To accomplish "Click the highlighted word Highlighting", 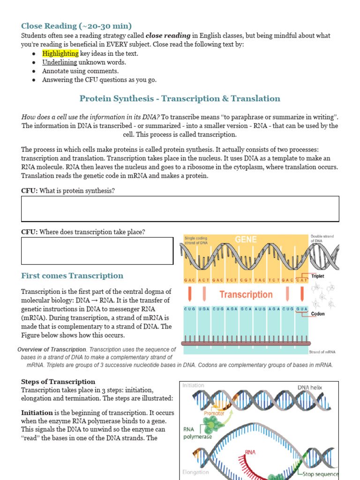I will (60, 53).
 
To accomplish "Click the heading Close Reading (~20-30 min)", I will (76, 26).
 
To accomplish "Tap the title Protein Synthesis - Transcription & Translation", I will (180, 98).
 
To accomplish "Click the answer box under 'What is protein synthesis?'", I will (180, 209).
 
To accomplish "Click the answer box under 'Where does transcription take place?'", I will (97, 251).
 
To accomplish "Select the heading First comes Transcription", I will (72, 276).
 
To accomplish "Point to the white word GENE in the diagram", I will (246, 240).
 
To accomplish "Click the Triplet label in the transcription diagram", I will (317, 277).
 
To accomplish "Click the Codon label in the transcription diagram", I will (317, 314).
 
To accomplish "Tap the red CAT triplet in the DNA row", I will (302, 280).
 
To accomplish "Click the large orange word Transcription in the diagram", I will (246, 294).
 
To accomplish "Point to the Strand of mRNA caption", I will (322, 352).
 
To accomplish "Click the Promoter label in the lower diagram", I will (214, 413).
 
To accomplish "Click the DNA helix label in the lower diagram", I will (310, 388).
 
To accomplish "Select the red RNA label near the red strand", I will (251, 453).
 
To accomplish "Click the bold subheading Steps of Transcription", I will (58, 382).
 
